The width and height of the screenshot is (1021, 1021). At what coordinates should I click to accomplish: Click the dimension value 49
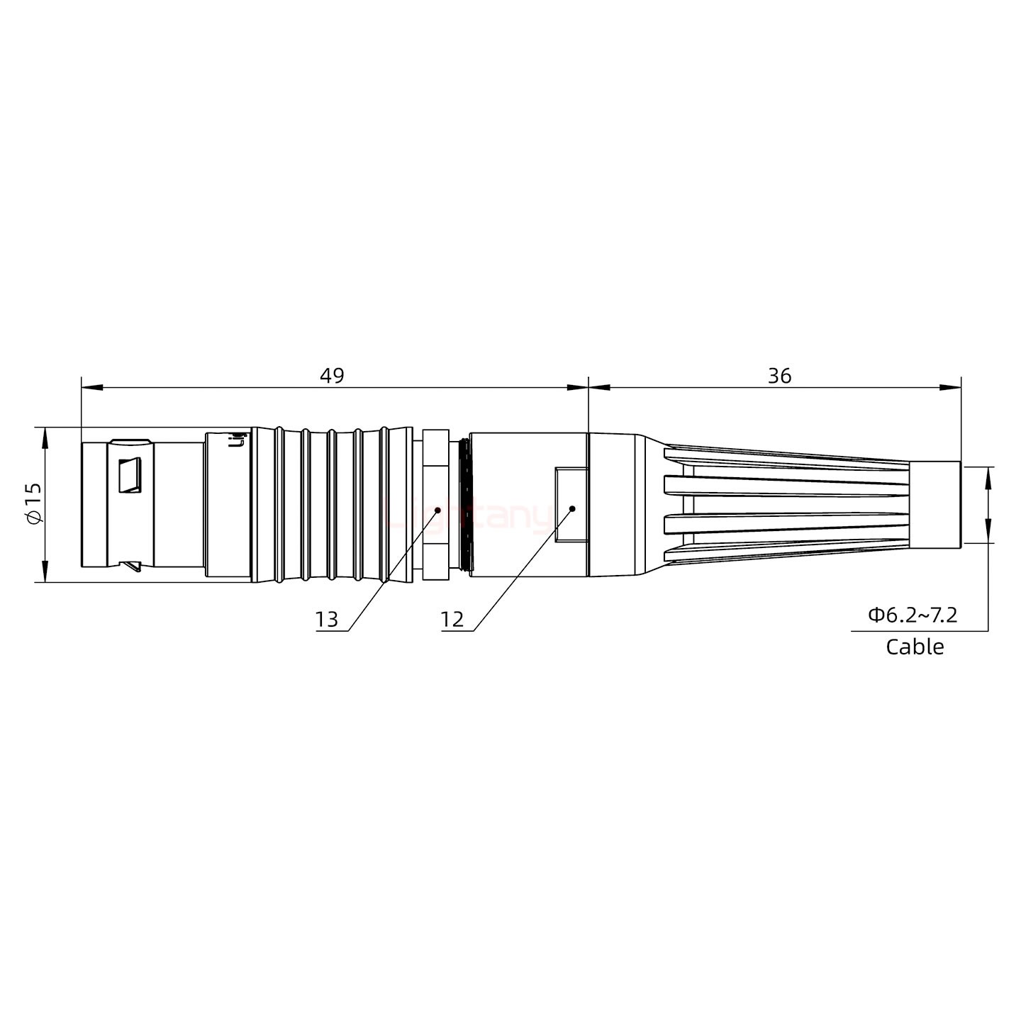tap(331, 376)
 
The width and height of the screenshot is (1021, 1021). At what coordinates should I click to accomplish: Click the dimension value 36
tap(779, 376)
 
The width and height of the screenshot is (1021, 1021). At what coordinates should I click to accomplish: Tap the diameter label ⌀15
tap(34, 504)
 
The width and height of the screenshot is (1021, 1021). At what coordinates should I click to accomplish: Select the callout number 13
tap(327, 620)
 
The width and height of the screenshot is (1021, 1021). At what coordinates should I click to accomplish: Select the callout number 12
tap(452, 620)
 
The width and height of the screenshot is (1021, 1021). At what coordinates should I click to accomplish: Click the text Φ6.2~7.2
tap(913, 615)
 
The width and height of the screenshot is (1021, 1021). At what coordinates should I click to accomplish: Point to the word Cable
tap(915, 647)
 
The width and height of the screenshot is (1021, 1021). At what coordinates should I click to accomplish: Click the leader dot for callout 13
tap(437, 509)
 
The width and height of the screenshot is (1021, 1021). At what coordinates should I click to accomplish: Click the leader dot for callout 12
tap(571, 508)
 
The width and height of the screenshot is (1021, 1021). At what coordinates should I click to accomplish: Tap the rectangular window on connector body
tap(571, 505)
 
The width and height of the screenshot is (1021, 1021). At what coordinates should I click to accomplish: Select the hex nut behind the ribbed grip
tap(435, 504)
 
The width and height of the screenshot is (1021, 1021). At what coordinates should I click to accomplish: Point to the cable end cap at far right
tap(934, 504)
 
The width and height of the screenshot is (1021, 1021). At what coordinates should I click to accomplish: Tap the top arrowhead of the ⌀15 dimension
tap(45, 437)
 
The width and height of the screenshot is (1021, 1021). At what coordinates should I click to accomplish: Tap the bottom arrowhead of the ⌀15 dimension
tap(45, 572)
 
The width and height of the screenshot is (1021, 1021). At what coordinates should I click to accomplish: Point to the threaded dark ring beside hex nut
tap(464, 504)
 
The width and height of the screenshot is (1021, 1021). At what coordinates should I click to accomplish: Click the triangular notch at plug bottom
tap(132, 567)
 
